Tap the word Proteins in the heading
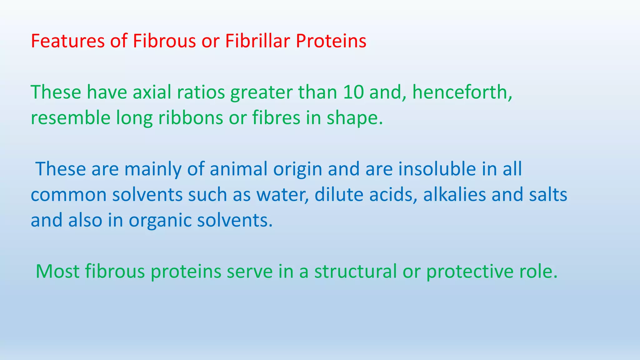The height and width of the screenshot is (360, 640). [x=331, y=41]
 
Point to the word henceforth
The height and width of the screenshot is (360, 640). [x=462, y=92]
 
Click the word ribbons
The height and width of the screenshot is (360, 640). [x=191, y=118]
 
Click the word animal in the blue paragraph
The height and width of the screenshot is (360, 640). [x=239, y=169]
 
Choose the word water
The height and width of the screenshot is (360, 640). [x=282, y=195]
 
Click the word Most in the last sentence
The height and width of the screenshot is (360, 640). [x=57, y=271]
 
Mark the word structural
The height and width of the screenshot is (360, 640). [x=355, y=271]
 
